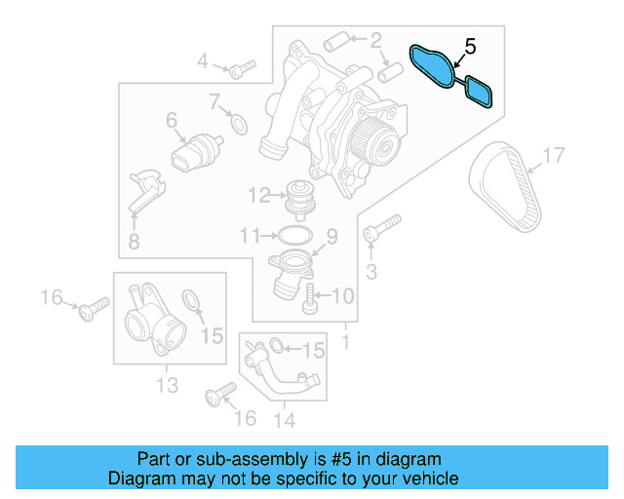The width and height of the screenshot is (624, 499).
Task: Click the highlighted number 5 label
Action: (470, 46)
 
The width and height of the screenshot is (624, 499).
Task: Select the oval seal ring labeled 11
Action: (293, 235)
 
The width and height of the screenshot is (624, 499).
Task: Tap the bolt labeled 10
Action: (310, 297)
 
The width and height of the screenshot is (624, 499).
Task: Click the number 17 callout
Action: (553, 155)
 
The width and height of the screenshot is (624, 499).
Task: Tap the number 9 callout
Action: (331, 236)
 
